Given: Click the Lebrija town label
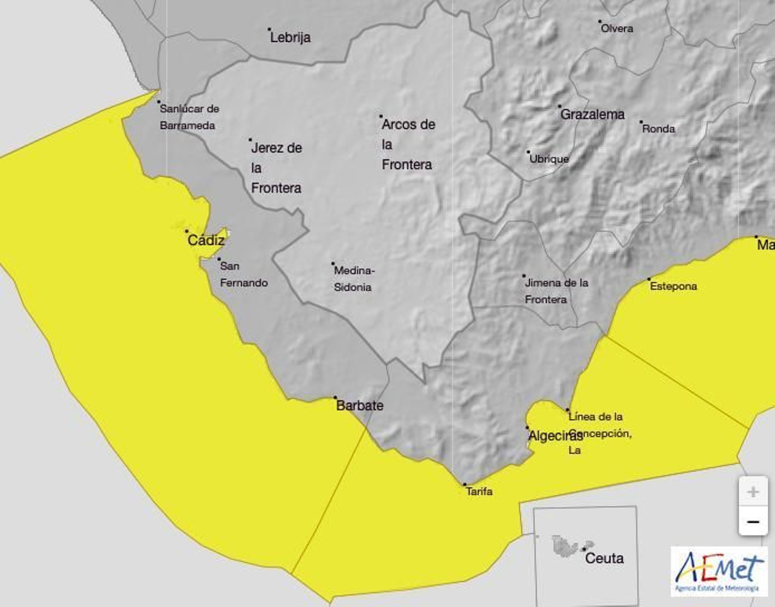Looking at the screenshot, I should pos(290,37).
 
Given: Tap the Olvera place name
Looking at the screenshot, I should pos(617,29).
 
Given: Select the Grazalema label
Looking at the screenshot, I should pos(592,114).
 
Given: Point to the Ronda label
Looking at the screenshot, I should pos(658,129).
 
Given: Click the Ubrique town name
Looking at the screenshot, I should pos(549,159).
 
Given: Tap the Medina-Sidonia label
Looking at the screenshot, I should pos(353,279).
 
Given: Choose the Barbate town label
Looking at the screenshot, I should pos(359,405).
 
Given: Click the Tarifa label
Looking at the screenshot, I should pos(479,491).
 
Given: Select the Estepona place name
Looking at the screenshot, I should pos(673,286).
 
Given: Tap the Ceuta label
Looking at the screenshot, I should pos(604,558).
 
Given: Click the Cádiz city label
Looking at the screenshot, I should pos(206,240).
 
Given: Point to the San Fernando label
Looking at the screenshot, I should pos(244,274).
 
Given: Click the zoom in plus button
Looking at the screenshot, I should pos(753,492).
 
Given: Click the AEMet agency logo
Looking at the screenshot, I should pos(719,571).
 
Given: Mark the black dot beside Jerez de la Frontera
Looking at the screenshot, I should pos(250,139).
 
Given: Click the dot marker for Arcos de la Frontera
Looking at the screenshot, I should pos(381,116).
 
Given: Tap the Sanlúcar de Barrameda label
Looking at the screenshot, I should pos(189,117).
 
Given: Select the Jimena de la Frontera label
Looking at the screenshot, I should pos(556,291).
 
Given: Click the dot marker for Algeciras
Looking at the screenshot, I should pos(527,427).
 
